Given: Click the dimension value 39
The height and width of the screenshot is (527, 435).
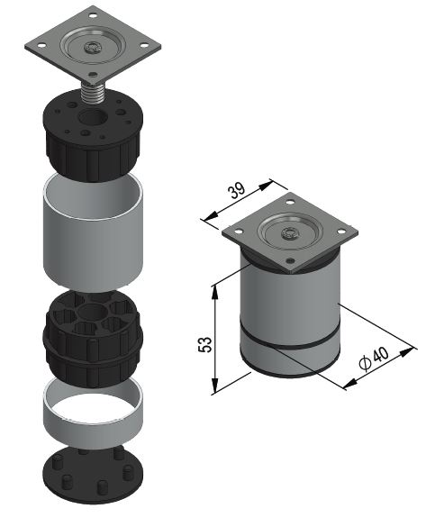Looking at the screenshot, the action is coord(237,191).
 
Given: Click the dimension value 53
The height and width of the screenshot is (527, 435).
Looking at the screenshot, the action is coord(205,344).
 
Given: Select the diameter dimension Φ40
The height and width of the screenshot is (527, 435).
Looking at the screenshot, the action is coord(374,359).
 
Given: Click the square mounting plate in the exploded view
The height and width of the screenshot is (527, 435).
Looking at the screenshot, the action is coord(93,45).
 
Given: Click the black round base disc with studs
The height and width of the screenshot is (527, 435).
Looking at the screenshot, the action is coord(93,474).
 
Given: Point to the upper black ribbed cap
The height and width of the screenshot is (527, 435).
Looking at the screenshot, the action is coord(94,134).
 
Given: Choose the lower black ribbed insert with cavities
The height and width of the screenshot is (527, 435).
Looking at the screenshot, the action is coord(93,340).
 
